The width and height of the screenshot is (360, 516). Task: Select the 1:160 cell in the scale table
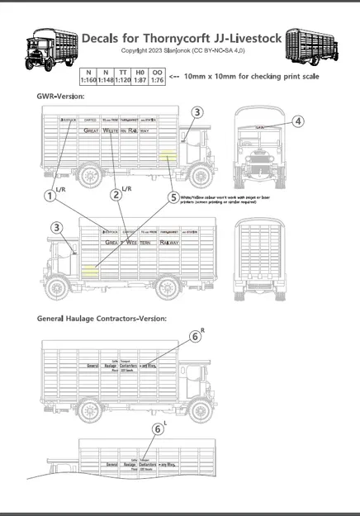pos(88,82)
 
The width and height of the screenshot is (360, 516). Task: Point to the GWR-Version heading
pos(60,97)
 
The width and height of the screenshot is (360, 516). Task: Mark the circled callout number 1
pos(51,196)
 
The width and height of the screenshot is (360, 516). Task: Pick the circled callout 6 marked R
pos(195,337)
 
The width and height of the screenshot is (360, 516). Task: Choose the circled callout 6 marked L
pos(158,428)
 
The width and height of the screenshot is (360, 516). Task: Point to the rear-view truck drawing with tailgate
pos(263,259)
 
